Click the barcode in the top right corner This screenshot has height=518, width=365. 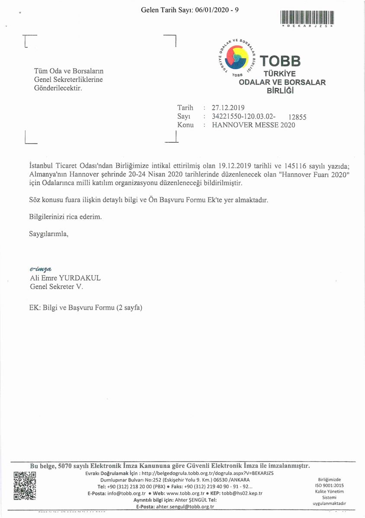(307, 17)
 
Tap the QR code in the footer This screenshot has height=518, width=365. (25, 486)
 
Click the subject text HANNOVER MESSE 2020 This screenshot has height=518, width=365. (253, 125)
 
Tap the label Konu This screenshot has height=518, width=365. (186, 125)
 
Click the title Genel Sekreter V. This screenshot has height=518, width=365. (56, 286)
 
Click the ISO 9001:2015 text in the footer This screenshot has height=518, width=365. (330, 485)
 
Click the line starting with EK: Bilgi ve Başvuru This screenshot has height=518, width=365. (86, 308)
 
